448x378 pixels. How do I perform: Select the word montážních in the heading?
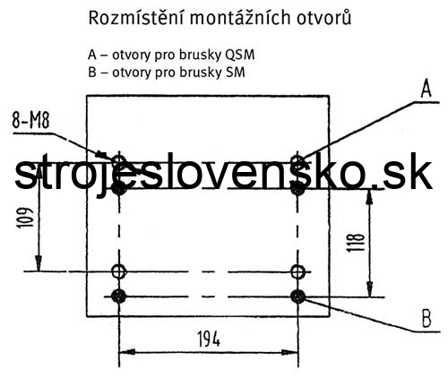[x=240, y=18]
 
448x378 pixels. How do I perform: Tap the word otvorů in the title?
[x=323, y=17]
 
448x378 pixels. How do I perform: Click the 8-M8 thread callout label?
[x=30, y=121]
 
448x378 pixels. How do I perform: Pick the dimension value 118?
[x=356, y=242]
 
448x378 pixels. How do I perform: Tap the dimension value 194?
[x=209, y=339]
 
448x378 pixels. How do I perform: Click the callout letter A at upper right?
[x=426, y=90]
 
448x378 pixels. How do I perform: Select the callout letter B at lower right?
[x=426, y=318]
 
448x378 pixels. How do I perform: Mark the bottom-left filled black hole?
[x=119, y=296]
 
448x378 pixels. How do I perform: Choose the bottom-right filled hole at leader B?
[x=297, y=296]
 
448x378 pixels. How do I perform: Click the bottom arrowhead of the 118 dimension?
[x=370, y=288]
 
